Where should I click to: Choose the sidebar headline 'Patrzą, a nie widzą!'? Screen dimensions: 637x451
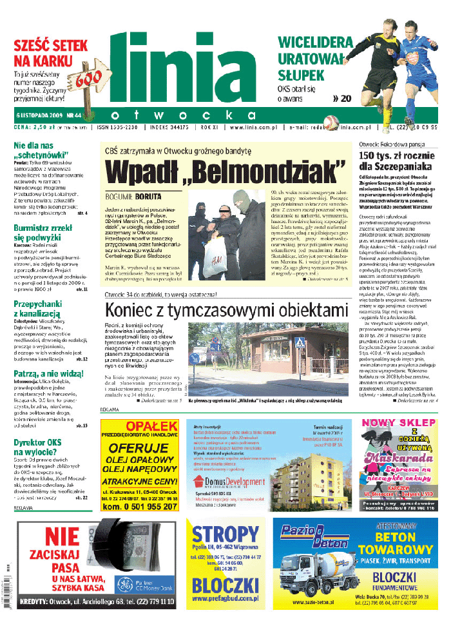coord(49,373)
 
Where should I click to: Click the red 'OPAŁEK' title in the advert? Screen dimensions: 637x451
coord(139,426)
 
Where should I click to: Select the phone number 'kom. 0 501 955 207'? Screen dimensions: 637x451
coord(139,507)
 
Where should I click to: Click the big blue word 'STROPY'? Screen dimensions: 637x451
coord(225,534)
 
